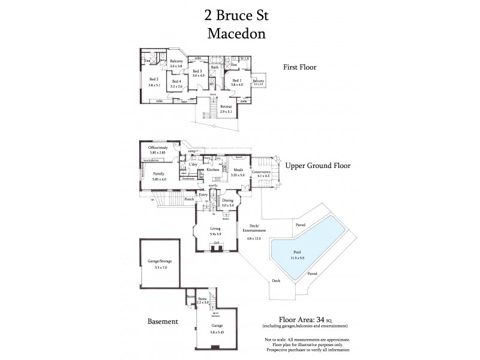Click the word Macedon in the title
point(236,34)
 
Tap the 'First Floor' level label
point(299,67)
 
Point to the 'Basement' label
point(163,322)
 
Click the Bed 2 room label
point(154,79)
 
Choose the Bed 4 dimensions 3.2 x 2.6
point(176,86)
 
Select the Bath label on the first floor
point(214,67)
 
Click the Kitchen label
point(213,170)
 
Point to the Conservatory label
point(261,172)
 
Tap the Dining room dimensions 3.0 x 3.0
point(228,206)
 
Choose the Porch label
point(189,199)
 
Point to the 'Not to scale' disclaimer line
point(306,340)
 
